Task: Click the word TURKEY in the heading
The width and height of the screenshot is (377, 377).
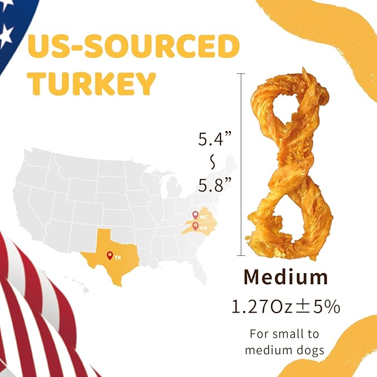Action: [x=92, y=83]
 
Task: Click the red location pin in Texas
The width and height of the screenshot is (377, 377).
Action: [x=109, y=255]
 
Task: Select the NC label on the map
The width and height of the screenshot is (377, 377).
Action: [x=204, y=217]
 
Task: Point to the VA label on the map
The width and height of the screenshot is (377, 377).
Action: [x=204, y=227]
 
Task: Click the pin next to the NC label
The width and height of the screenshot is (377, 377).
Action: [x=195, y=215]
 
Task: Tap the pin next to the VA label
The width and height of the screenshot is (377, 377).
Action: [x=195, y=225]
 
